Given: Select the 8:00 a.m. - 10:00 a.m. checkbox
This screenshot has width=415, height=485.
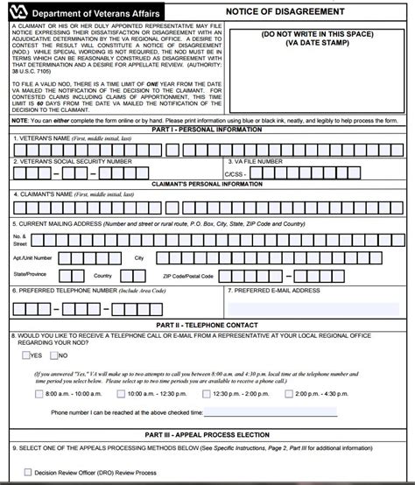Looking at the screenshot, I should pyautogui.click(x=38, y=394).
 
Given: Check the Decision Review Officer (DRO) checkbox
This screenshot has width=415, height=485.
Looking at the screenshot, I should pyautogui.click(x=25, y=472).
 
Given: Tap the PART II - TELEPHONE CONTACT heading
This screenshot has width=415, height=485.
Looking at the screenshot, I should pyautogui.click(x=207, y=325).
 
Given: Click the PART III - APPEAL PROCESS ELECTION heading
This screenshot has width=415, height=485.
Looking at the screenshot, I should pyautogui.click(x=207, y=435).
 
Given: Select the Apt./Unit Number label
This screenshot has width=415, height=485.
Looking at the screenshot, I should pyautogui.click(x=32, y=258).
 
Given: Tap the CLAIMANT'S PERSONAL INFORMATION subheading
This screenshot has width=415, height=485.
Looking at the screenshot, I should pyautogui.click(x=207, y=184).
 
